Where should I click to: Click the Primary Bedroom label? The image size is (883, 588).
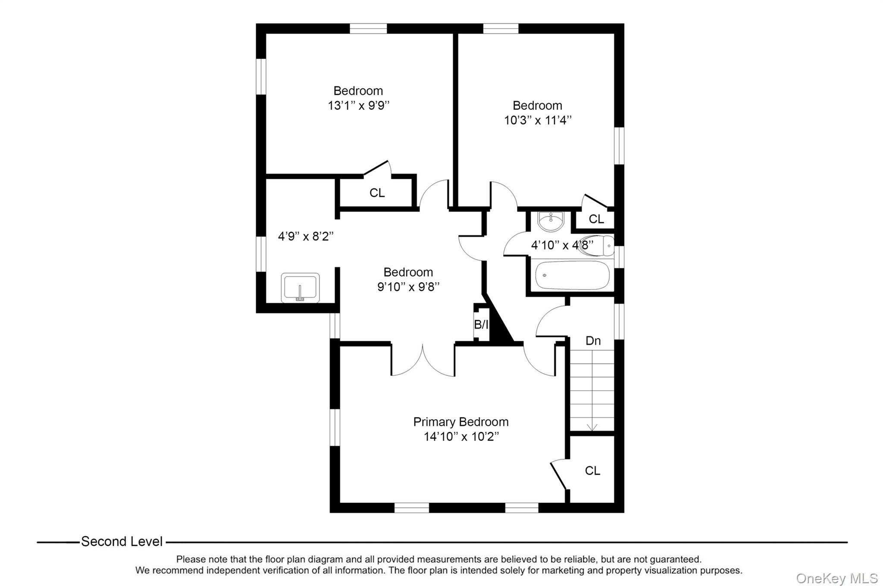coord(460,422)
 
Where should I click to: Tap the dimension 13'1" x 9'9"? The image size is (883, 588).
coord(358,106)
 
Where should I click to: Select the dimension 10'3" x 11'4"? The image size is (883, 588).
coord(538,120)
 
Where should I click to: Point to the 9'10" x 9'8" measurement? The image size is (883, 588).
coord(408,286)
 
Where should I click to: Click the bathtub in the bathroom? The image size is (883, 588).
coord(572,275)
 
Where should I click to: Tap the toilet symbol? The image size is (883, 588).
coord(597,246)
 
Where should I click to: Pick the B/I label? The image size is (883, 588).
coord(481,324)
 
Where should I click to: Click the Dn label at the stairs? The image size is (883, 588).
coord(593,341)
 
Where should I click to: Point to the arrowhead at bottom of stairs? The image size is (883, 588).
coord(592,427)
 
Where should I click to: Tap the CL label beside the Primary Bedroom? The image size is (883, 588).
coord(592,471)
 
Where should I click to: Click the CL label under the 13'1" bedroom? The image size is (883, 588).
coord(377,193)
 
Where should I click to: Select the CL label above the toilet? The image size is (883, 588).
coord(596,219)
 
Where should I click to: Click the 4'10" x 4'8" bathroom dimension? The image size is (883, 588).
coord(562,245)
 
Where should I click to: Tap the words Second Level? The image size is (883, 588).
coord(122,541)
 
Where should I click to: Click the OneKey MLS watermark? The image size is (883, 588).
coord(836,578)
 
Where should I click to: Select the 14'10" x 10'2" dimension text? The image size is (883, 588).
coord(460,437)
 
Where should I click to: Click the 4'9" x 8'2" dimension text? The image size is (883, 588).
coord(305,236)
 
